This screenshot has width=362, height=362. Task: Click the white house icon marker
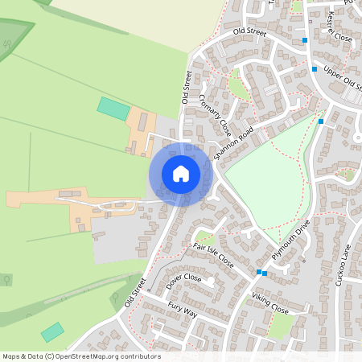(x=181, y=173)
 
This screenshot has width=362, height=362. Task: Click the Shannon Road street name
(x=240, y=141)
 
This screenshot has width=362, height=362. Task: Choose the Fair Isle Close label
(x=213, y=254)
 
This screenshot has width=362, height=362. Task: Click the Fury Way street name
(x=183, y=309)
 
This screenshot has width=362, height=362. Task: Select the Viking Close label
(x=269, y=303)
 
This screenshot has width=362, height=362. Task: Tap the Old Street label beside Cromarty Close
(x=187, y=87)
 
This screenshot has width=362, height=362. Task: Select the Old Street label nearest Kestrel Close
(x=249, y=31)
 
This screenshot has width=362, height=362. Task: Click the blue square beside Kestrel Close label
(x=305, y=39)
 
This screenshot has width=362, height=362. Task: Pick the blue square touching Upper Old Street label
(x=315, y=69)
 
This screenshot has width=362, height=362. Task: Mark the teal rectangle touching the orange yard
(x=113, y=109)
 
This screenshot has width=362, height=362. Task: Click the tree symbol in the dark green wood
(x=7, y=45)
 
